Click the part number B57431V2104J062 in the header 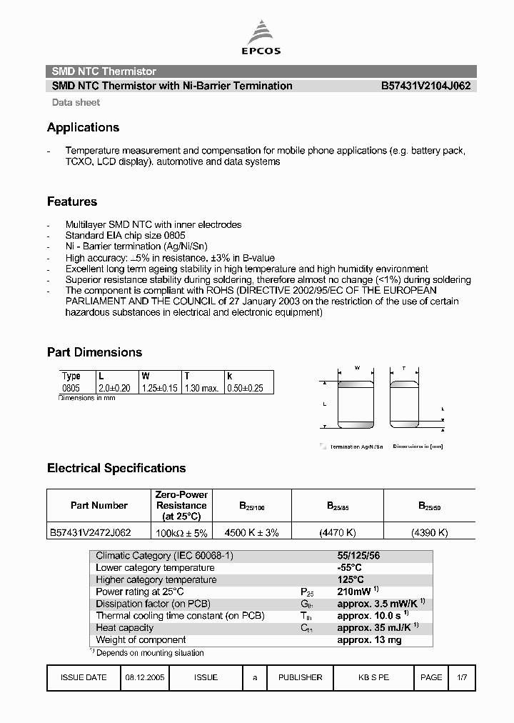[425, 86]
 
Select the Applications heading [83, 127]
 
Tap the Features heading [72, 201]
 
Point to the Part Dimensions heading [94, 352]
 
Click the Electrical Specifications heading [116, 468]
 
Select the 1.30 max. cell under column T [202, 388]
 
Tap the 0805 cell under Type [71, 388]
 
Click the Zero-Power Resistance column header [181, 505]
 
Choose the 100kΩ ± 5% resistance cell [181, 532]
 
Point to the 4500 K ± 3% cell [251, 532]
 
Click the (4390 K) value [429, 532]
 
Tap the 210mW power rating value [353, 592]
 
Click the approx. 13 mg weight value [369, 640]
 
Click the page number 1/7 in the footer [462, 677]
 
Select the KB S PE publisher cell [373, 677]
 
